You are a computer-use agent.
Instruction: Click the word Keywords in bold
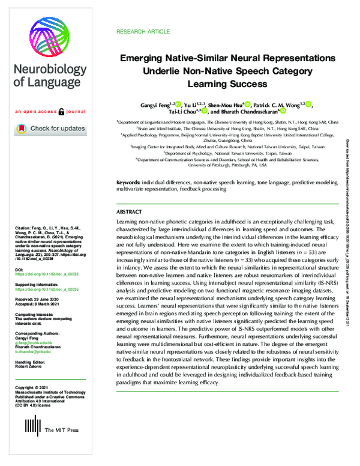(128, 181)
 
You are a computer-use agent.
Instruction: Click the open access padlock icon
(61, 112)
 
